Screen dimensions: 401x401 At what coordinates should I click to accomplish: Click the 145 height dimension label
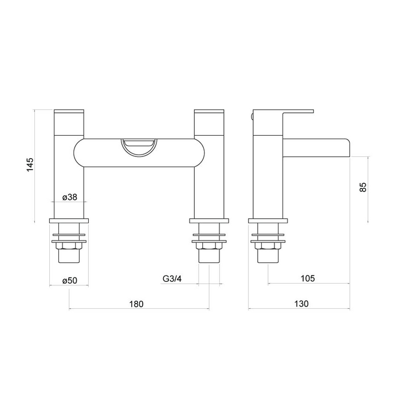(30, 165)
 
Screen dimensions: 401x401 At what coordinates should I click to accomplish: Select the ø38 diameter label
(69, 197)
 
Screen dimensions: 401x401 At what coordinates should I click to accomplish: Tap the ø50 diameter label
(69, 281)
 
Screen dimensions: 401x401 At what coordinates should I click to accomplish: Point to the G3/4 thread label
(172, 278)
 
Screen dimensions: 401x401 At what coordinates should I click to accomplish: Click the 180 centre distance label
(136, 304)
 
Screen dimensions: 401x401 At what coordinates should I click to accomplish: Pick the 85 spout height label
(363, 187)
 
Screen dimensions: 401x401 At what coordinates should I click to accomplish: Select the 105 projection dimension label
(308, 278)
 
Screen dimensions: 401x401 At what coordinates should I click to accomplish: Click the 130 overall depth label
(301, 304)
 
